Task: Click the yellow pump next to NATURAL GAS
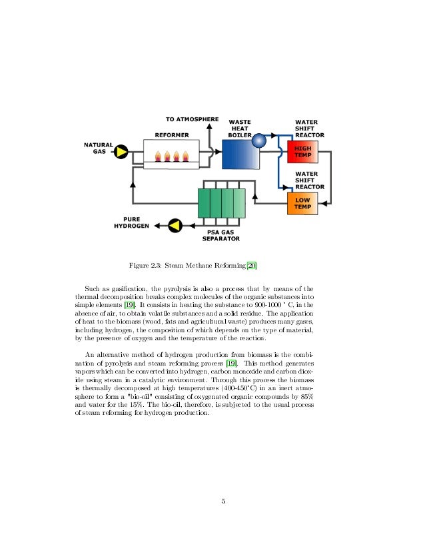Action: tap(121, 152)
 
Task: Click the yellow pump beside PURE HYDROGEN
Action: tap(175, 225)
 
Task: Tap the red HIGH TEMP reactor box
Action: tap(302, 152)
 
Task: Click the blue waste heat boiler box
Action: tap(238, 154)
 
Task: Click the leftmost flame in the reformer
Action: tap(159, 158)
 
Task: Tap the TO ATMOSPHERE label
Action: tap(192, 119)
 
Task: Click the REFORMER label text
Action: tap(172, 135)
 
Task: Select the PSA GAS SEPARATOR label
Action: tap(221, 234)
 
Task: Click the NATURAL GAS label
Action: tap(99, 148)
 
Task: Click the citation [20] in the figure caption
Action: tap(251, 267)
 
